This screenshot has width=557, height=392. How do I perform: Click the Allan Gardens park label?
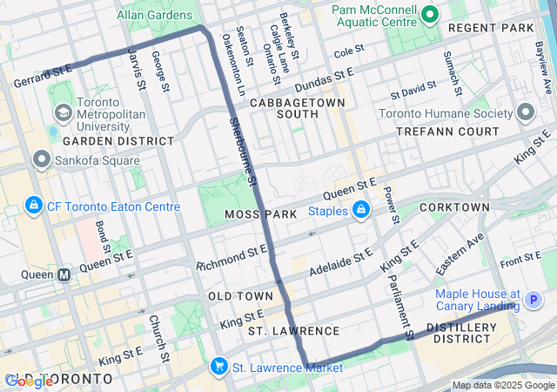[155, 15]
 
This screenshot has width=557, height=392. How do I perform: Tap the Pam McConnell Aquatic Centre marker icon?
[428, 15]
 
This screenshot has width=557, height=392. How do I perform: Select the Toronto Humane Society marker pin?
[525, 112]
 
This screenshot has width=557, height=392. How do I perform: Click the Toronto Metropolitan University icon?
[64, 113]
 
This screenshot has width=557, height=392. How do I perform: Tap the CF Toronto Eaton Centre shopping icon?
[33, 206]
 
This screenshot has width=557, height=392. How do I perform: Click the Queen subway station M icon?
[64, 275]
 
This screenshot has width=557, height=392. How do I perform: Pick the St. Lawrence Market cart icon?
[218, 368]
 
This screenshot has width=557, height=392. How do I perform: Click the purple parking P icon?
[534, 301]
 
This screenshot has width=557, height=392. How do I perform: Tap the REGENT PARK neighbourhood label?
[491, 28]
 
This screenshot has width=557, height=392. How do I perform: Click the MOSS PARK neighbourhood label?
[254, 213]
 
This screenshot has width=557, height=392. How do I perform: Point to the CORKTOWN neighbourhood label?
[454, 207]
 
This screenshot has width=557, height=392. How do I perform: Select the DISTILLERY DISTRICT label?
[461, 333]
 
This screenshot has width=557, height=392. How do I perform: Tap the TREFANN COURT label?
[447, 132]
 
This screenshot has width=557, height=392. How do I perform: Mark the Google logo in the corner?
[30, 381]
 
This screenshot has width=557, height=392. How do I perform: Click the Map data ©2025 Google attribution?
[502, 386]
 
